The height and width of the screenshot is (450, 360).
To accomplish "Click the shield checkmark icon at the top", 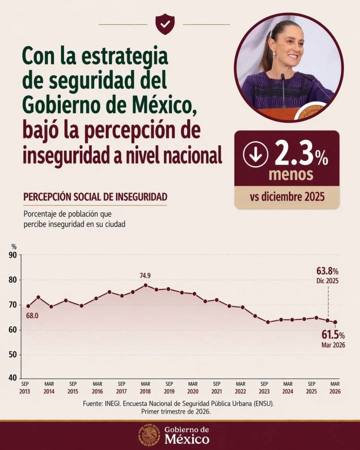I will click(x=165, y=24).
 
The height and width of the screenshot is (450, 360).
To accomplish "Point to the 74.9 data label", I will click(x=145, y=276).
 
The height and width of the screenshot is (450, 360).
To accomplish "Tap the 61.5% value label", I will click(x=333, y=335).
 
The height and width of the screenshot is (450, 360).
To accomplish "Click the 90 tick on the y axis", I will click(x=13, y=255).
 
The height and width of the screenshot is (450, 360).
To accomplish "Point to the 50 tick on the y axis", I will click(x=13, y=354).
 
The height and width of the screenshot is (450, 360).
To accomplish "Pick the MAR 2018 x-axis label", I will click(x=145, y=387).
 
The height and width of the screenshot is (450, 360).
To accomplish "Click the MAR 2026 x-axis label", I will click(x=334, y=387).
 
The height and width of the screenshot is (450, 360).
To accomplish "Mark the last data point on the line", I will click(x=335, y=322).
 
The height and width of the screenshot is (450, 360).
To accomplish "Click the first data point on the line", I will click(x=28, y=306).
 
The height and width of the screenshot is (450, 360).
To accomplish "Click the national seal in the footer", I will click(x=149, y=435).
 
